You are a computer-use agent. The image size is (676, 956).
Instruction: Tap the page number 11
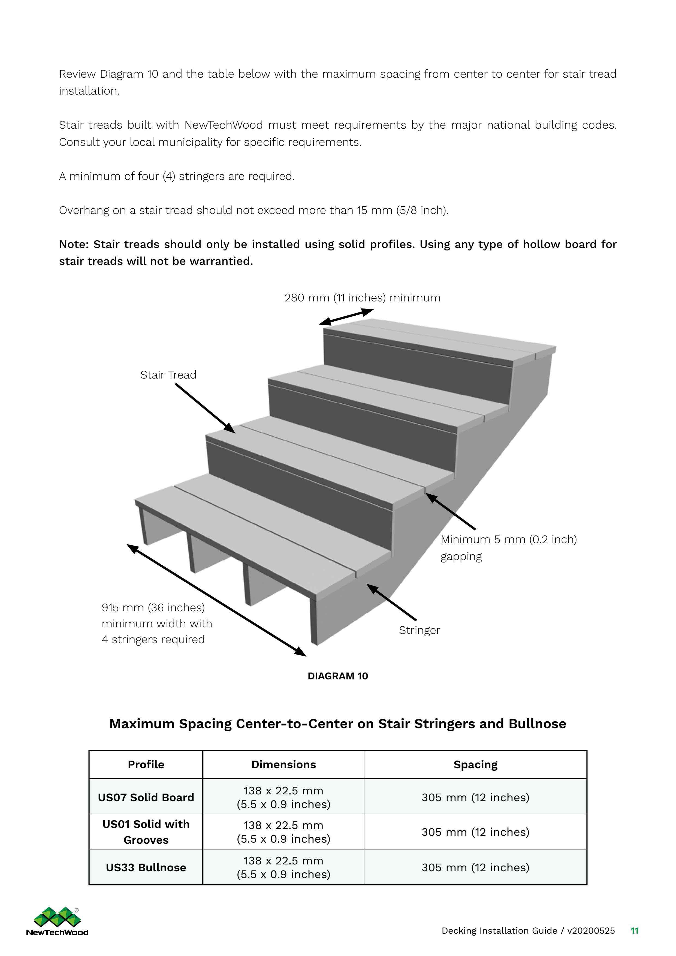point(634,931)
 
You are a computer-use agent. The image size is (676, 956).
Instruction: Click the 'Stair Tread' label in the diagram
point(168,375)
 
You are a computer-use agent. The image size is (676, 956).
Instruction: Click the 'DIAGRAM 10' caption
point(337,676)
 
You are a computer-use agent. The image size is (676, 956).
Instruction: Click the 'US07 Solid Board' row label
point(146,797)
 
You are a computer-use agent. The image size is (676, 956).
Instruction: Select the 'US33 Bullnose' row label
point(146,867)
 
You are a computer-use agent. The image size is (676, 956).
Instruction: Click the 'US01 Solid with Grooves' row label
point(146,832)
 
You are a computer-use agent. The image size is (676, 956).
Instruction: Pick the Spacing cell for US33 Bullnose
point(475,867)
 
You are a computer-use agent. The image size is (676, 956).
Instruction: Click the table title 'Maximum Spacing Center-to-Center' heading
point(337,724)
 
